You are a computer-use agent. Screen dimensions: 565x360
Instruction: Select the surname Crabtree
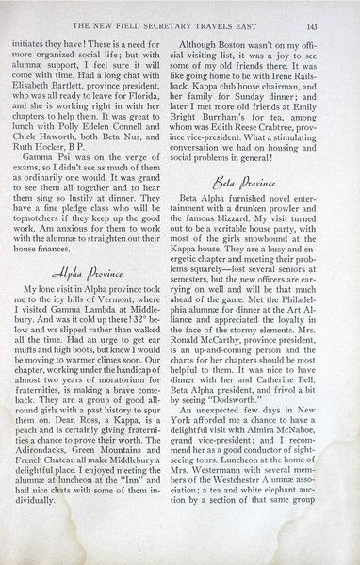295,139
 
